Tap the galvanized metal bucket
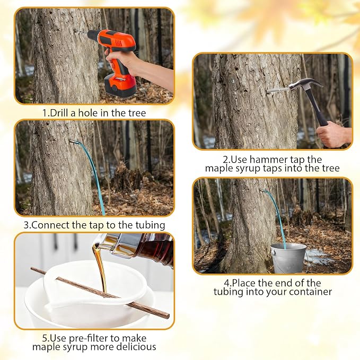click(288, 258)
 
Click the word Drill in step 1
click(60, 113)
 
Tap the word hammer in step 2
click(265, 160)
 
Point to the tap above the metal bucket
click(262, 190)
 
